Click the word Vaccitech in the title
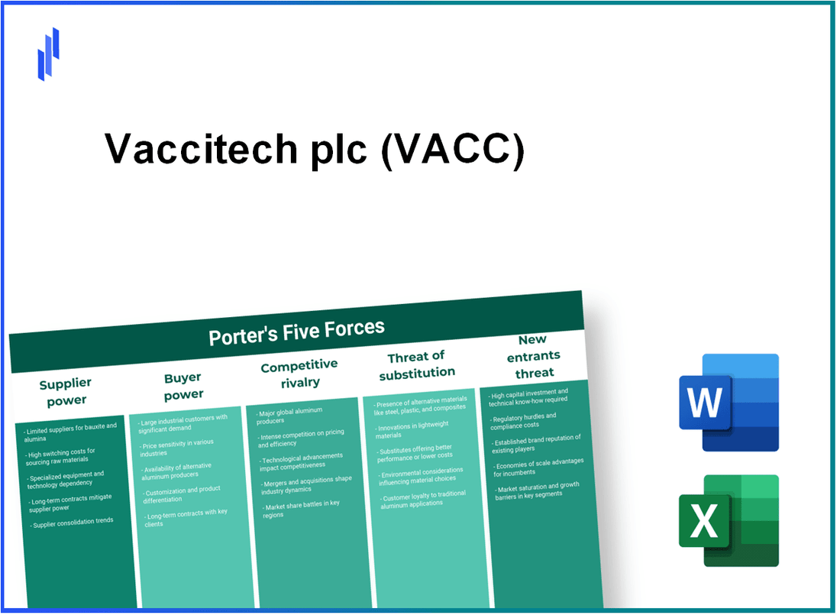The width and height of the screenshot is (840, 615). click(x=201, y=148)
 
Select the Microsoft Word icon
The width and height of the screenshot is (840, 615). click(x=729, y=403)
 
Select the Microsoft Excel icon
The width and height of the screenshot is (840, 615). click(x=729, y=521)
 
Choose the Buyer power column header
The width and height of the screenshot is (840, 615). click(x=183, y=386)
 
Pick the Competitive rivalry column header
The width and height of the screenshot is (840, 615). click(x=299, y=373)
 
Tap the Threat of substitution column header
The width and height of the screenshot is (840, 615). click(x=416, y=364)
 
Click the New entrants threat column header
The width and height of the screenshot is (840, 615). click(x=535, y=355)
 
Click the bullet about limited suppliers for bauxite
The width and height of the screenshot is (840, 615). click(x=70, y=432)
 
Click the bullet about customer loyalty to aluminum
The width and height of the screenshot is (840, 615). click(x=424, y=501)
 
